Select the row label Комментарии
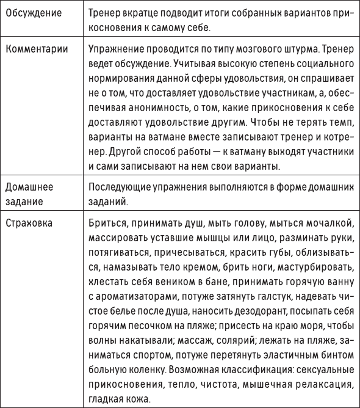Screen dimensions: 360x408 click(x=36, y=47)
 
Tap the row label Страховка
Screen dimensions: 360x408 click(x=31, y=222)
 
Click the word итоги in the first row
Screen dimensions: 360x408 click(x=211, y=13)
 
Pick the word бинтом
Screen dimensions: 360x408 click(x=333, y=369)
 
